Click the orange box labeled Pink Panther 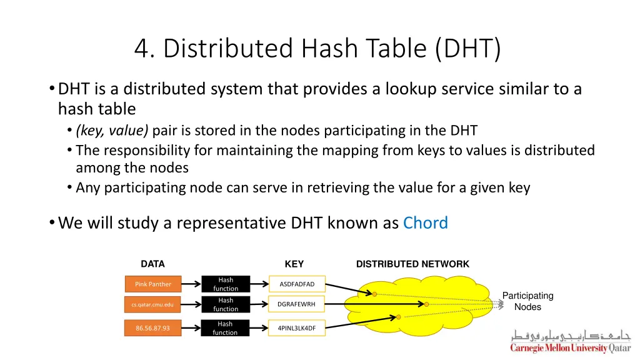tap(153, 284)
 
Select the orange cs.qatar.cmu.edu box tap(153, 304)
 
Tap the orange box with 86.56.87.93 tap(153, 328)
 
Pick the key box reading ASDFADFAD tap(297, 284)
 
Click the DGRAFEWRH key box tap(297, 304)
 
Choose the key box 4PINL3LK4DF tap(297, 328)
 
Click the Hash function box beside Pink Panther tap(226, 284)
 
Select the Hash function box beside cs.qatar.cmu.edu tap(226, 304)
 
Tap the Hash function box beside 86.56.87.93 tap(226, 328)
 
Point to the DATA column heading tap(152, 264)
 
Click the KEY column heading tap(294, 264)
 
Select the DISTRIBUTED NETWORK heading tap(412, 264)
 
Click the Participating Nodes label tap(527, 301)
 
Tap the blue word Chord tap(426, 223)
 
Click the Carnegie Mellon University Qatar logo tap(571, 341)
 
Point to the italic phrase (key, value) tap(112, 131)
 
